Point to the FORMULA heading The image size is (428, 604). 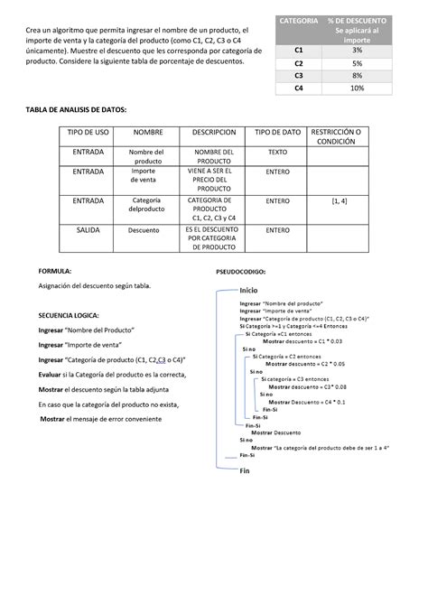tap(54, 270)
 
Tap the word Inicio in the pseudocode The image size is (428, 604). tap(249, 289)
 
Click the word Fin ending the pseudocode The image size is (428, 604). tap(244, 470)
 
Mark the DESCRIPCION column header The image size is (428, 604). tap(214, 132)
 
